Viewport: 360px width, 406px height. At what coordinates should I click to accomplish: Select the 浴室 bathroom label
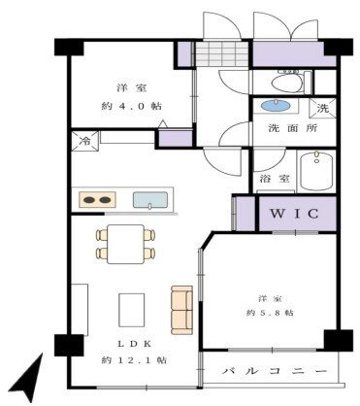[x=274, y=179]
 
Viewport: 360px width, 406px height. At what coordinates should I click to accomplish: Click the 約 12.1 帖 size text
[x=133, y=359]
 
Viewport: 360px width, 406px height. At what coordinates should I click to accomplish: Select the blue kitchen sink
[x=148, y=201]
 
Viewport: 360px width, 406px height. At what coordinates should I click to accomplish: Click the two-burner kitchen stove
[x=94, y=201]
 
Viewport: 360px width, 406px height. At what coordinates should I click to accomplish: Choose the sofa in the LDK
[x=181, y=308]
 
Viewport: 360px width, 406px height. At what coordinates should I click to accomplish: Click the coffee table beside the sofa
[x=132, y=310]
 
